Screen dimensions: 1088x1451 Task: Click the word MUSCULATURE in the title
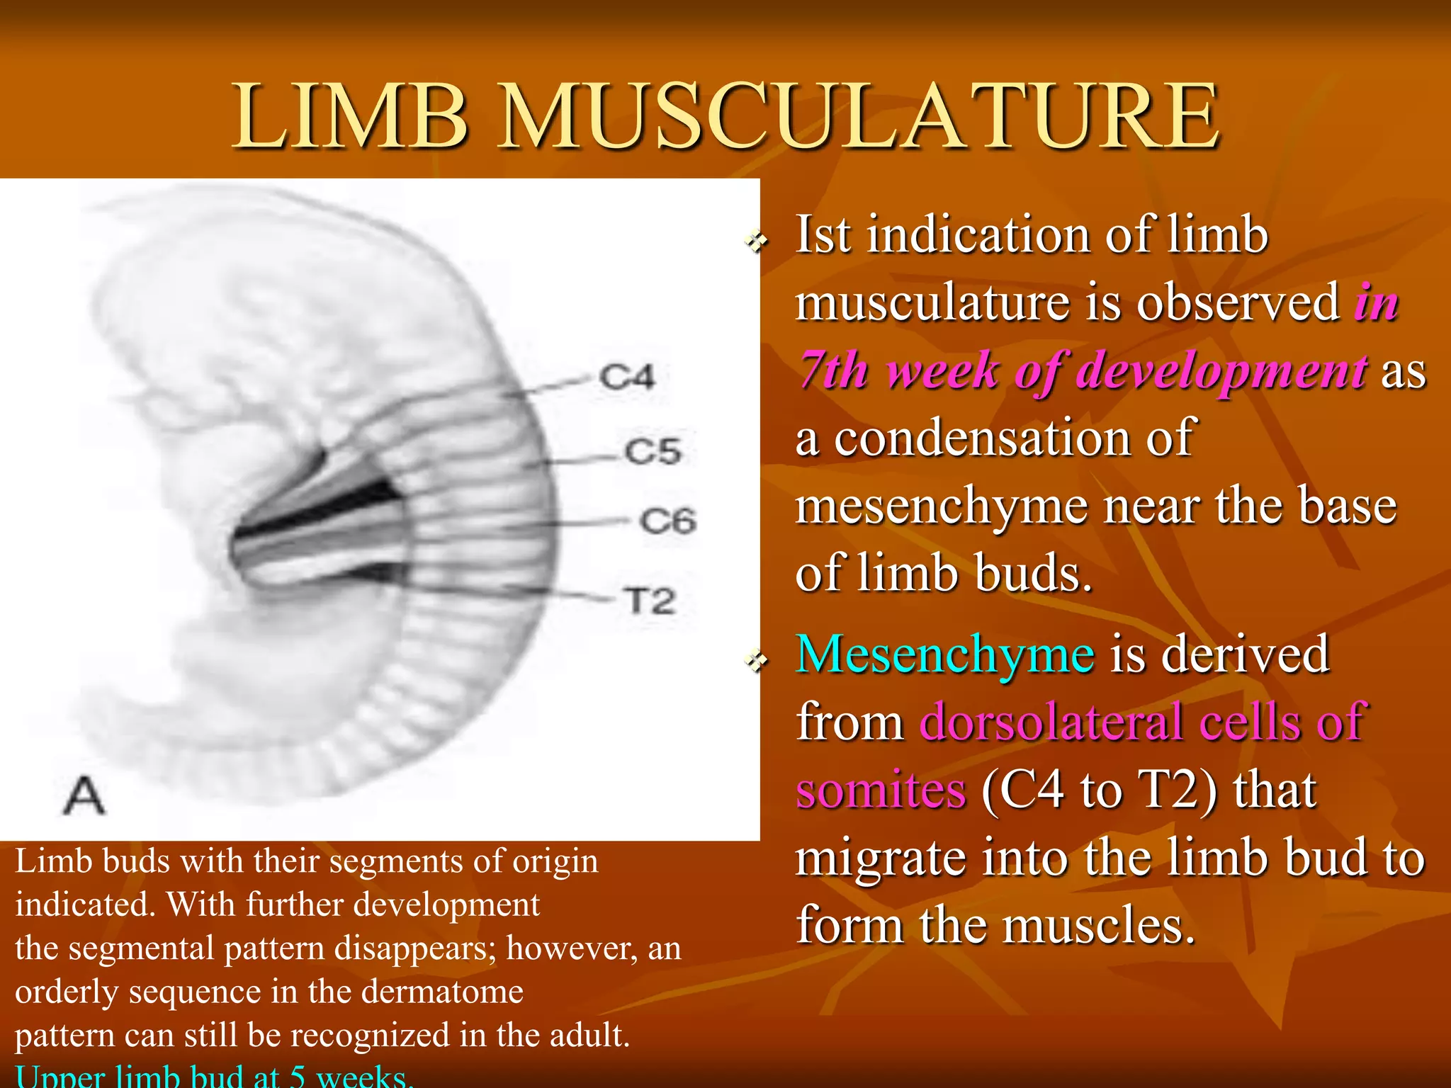click(859, 117)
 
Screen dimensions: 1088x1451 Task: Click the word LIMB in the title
click(351, 117)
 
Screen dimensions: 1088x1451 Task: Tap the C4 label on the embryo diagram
click(627, 377)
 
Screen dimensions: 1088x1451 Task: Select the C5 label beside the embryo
click(653, 451)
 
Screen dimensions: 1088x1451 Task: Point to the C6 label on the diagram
click(668, 521)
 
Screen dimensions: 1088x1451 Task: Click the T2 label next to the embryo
click(650, 601)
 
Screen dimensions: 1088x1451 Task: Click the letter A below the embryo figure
click(84, 795)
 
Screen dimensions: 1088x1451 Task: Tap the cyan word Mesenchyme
click(944, 654)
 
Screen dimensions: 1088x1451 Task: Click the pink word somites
click(881, 790)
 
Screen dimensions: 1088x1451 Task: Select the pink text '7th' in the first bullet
click(834, 370)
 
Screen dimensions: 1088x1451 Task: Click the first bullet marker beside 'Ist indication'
click(757, 243)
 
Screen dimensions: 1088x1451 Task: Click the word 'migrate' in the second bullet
click(881, 858)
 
